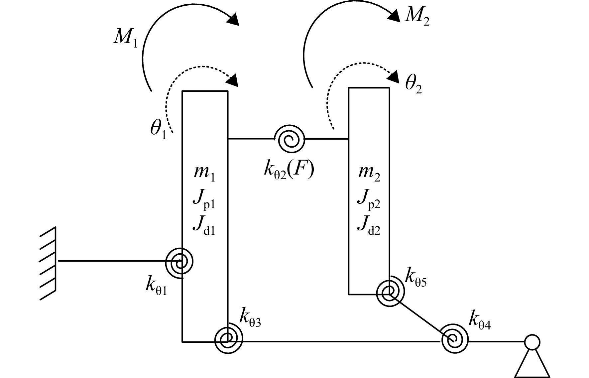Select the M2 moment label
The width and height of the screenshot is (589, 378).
(x=417, y=17)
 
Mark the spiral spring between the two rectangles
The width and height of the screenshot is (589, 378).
(x=290, y=139)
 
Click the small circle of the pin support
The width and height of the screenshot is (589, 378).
(x=532, y=342)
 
